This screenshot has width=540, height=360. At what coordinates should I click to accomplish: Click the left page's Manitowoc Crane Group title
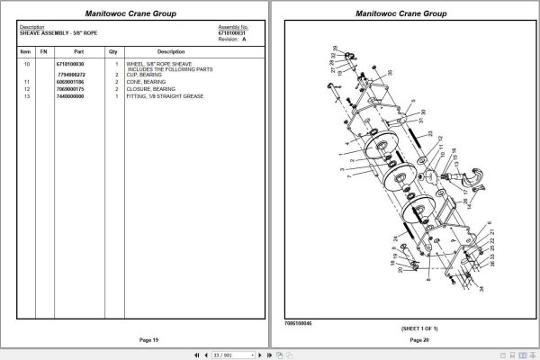pyautogui.click(x=135, y=14)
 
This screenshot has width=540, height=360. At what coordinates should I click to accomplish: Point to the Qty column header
pyautogui.click(x=113, y=51)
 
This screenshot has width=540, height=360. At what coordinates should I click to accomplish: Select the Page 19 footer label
pyautogui.click(x=135, y=339)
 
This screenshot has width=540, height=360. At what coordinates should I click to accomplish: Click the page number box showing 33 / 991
pyautogui.click(x=221, y=355)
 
